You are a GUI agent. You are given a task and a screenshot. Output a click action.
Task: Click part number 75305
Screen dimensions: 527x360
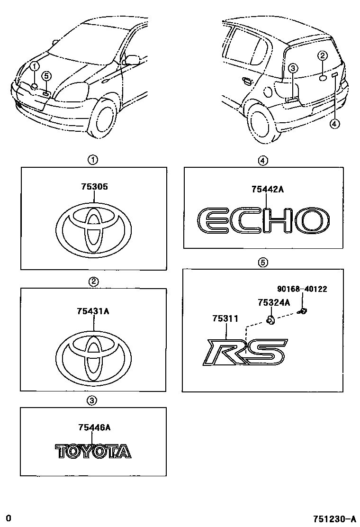[94, 187]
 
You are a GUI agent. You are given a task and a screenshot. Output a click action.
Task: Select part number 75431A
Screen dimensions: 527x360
[94, 311]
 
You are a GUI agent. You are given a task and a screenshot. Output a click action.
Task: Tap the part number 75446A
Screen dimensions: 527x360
[94, 427]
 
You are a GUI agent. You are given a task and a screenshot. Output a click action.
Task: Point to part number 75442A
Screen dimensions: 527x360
[267, 190]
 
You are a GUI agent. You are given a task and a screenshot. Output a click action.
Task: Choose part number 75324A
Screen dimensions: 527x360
[274, 302]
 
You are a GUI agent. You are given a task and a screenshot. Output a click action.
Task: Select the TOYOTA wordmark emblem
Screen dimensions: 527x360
[93, 451]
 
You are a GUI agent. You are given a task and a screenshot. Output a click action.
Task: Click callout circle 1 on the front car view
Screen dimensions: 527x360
[35, 66]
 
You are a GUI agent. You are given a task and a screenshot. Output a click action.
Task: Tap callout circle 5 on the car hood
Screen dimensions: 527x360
[46, 75]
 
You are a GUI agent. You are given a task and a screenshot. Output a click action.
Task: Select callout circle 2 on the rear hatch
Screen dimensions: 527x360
[322, 56]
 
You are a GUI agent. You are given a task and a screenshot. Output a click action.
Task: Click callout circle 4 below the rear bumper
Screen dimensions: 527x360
[334, 124]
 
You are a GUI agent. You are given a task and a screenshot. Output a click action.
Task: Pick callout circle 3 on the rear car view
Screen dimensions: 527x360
[293, 69]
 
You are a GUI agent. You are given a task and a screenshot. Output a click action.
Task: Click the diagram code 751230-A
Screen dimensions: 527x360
[334, 518]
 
